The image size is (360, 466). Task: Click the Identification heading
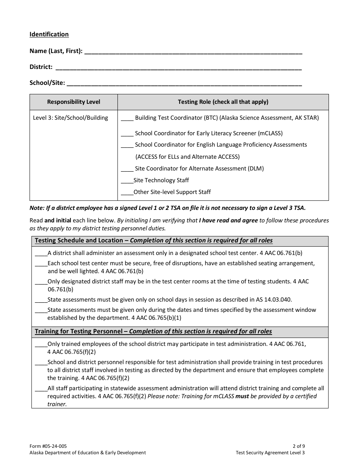49,34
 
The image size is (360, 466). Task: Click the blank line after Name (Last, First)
193,52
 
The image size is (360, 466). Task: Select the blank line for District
178,68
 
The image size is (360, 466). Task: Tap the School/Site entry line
184,84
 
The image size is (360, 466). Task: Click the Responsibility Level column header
74,102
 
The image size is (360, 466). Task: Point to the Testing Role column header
223,102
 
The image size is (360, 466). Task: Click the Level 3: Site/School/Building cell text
70,118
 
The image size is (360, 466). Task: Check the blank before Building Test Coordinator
127,119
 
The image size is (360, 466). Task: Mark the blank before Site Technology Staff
127,181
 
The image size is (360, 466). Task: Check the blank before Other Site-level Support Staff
127,193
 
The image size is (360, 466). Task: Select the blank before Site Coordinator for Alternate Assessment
127,170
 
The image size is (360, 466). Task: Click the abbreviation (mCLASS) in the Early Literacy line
270,133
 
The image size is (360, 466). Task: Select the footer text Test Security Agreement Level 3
270,453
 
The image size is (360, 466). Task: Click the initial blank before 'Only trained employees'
41,346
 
